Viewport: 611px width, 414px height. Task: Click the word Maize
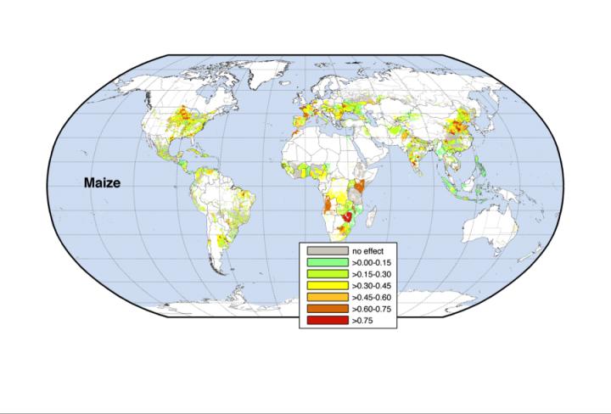tap(101, 182)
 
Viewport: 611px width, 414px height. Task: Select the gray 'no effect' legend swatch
tap(328, 251)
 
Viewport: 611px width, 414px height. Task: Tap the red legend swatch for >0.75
tap(328, 322)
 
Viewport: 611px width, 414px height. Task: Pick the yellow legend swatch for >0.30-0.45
tap(328, 287)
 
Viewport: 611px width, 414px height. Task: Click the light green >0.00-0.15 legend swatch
tap(328, 263)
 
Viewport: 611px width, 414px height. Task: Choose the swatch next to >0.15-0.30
tap(328, 275)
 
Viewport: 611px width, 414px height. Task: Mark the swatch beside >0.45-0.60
tap(328, 298)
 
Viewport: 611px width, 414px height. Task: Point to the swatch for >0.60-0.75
tap(328, 310)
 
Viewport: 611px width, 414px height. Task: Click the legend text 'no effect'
tap(367, 252)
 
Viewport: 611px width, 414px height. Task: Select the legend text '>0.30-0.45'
tap(373, 287)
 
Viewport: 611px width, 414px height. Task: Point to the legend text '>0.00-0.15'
tap(373, 264)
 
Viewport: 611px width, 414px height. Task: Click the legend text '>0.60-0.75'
tap(373, 310)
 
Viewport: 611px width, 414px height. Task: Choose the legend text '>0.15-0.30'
tap(373, 275)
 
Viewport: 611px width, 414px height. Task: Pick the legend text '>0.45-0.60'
tap(373, 299)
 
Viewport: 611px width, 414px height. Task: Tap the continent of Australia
tap(490, 229)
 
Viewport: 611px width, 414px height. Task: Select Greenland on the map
tap(255, 72)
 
